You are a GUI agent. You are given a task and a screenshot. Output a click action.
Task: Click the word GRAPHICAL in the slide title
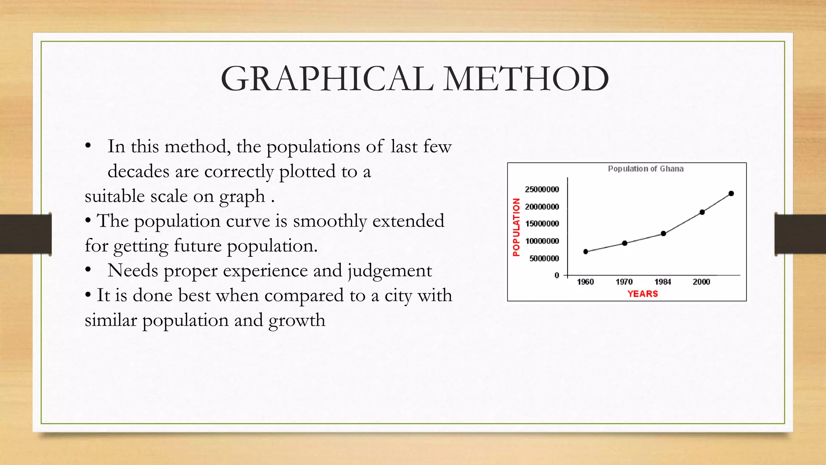tap(327, 79)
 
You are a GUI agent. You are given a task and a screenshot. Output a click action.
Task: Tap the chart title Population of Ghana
tap(645, 169)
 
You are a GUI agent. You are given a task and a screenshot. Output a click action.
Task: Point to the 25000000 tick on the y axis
tap(542, 189)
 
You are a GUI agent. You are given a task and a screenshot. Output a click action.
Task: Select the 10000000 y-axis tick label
tap(542, 241)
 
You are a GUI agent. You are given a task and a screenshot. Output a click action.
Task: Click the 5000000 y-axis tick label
tap(544, 258)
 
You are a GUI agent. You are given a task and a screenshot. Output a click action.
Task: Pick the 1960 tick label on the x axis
tap(585, 282)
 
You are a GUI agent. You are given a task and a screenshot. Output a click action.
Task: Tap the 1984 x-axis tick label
tap(663, 282)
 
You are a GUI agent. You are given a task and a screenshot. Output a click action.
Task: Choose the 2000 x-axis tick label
tap(701, 282)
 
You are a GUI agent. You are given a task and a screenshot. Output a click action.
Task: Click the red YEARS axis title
tap(642, 294)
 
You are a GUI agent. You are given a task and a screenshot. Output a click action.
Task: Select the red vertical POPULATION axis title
tap(516, 227)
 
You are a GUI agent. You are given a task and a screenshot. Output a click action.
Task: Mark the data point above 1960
tap(586, 251)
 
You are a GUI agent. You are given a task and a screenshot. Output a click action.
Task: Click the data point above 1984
tap(663, 233)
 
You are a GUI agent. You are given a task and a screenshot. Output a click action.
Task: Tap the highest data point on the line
tap(731, 193)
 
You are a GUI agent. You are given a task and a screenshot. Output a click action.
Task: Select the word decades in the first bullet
tap(138, 172)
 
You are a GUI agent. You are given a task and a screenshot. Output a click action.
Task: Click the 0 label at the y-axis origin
tap(557, 275)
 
